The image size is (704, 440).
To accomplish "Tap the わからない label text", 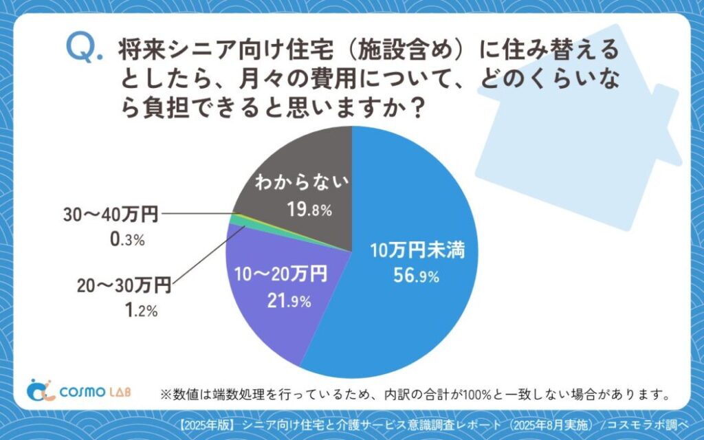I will pyautogui.click(x=302, y=184).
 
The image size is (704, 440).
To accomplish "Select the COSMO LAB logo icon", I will pyautogui.click(x=40, y=389).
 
